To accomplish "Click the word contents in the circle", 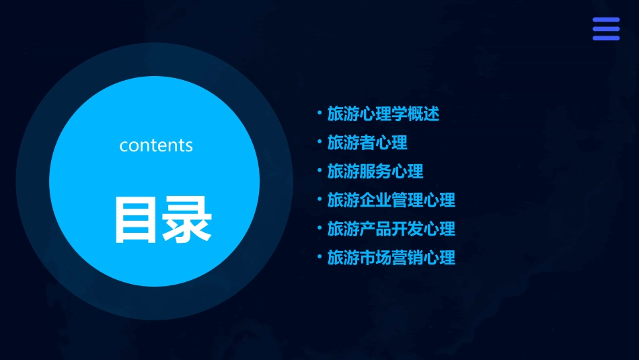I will point(156,145).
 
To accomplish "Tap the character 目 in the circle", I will point(135,219).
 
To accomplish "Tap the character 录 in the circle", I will point(186,219).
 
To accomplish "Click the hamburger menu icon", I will point(605,29).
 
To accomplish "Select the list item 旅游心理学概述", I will point(383,114).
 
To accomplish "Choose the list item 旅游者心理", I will point(367,143).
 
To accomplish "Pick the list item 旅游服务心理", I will point(375,172).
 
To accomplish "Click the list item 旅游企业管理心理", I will point(391,200).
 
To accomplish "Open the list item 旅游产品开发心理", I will point(391,229).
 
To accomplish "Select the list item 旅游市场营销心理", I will point(391,258).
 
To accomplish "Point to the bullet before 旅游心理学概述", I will point(319,113).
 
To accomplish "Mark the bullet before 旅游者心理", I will point(319,142).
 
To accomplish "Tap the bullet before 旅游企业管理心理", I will point(319,199).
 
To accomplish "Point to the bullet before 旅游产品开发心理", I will point(319,228).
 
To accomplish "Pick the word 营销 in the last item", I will point(407,258).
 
